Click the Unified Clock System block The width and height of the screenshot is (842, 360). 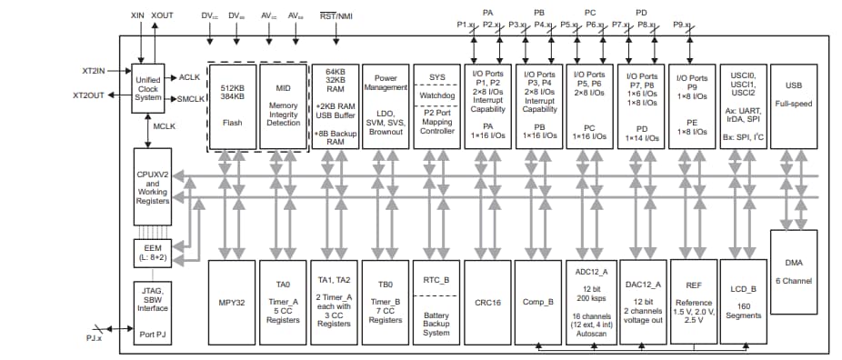coord(148,86)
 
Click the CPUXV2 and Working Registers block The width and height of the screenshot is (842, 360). coord(152,186)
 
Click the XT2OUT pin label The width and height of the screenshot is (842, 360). coord(91,95)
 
